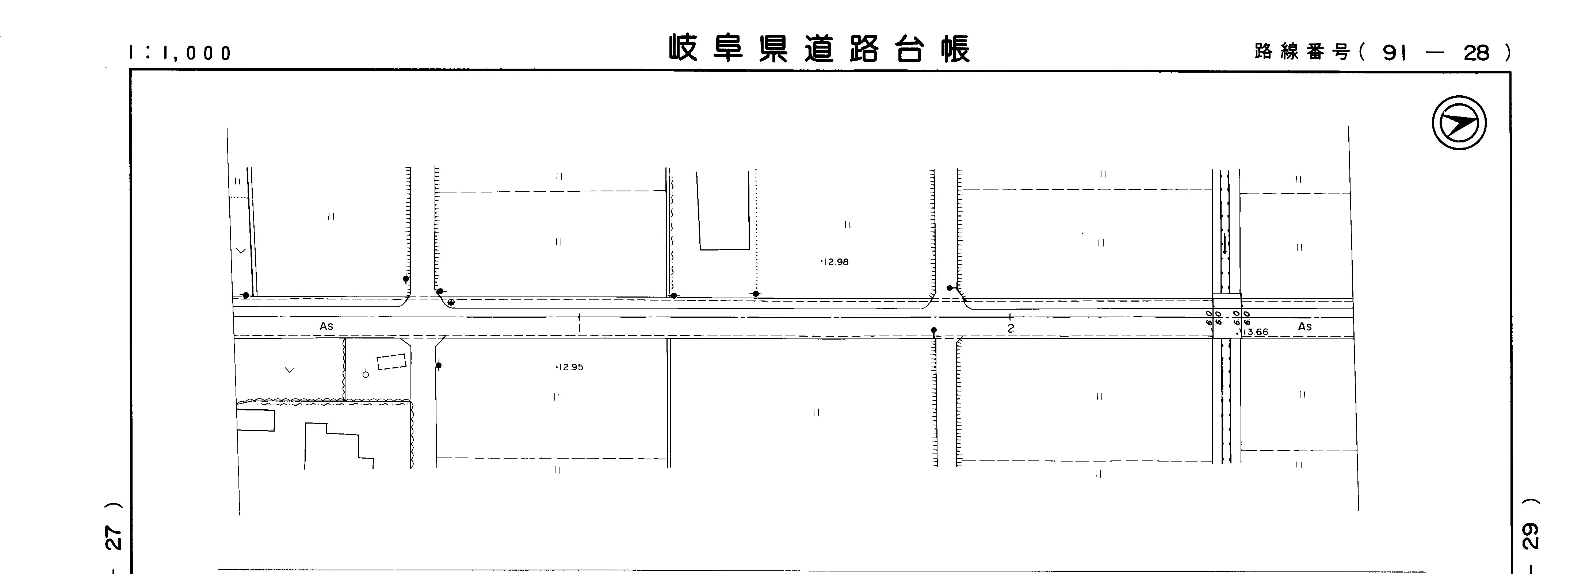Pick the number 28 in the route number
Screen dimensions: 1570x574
point(1476,54)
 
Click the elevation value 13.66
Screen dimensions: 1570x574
point(1256,332)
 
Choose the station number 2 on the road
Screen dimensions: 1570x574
point(1011,328)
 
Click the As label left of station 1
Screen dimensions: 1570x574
point(327,326)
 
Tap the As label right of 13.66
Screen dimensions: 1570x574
point(1305,326)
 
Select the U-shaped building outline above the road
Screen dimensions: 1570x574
point(723,211)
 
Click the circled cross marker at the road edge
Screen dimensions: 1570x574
point(451,302)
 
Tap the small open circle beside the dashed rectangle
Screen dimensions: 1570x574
point(366,374)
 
